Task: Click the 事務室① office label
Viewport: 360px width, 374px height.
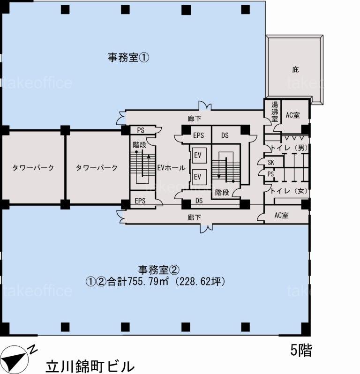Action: [x=128, y=58]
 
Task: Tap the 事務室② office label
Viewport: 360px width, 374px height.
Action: [x=158, y=270]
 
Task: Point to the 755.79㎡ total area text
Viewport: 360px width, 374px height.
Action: [x=149, y=282]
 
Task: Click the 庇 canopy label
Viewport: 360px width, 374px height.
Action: [x=295, y=70]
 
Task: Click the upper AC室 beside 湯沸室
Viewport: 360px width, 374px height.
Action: [x=292, y=115]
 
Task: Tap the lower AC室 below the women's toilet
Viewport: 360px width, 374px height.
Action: [x=282, y=215]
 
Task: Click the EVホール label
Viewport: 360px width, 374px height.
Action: [x=171, y=168]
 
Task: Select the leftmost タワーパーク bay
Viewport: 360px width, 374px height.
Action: [x=33, y=168]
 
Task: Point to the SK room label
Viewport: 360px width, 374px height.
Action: [x=271, y=163]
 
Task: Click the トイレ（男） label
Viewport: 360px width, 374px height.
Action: [x=289, y=148]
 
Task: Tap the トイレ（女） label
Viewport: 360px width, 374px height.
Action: [x=289, y=191]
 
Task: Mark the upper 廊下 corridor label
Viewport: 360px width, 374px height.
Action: [x=194, y=119]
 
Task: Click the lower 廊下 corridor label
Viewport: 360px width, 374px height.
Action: [x=194, y=217]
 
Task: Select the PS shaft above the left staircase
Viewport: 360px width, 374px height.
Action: [x=141, y=130]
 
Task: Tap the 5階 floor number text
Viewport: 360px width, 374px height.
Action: [x=301, y=351]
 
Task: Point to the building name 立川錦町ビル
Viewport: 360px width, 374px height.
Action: [x=90, y=367]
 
